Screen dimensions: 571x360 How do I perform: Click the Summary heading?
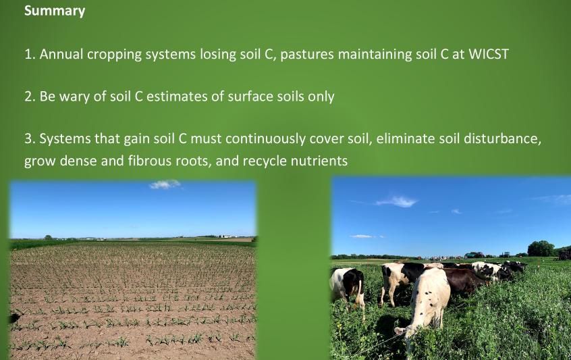pos(55,11)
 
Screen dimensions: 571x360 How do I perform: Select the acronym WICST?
pos(489,54)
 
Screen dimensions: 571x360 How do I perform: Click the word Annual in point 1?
pos(61,54)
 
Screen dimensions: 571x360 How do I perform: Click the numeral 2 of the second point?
pos(28,97)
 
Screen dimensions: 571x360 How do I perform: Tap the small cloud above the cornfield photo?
pos(165,184)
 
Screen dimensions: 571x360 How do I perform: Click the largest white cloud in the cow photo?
pos(398,201)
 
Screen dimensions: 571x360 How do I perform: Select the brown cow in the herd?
pos(462,281)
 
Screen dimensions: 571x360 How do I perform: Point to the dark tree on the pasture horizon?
pos(541,249)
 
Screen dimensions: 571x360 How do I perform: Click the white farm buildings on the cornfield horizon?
pos(227,236)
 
